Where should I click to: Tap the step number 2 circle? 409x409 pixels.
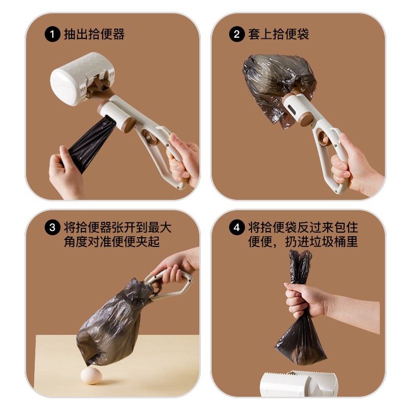[x=236, y=35]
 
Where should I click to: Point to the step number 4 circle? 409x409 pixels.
[x=236, y=228]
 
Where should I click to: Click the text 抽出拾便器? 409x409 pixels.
[x=94, y=35]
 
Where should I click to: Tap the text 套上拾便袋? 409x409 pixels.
[x=279, y=35]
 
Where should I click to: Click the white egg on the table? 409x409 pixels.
[x=92, y=375]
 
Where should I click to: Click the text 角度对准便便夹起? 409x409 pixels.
[x=112, y=241]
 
